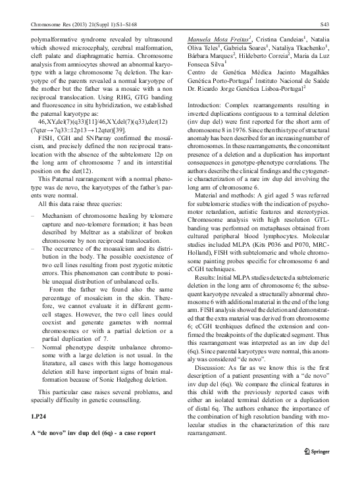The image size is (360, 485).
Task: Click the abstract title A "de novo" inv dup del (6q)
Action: (90, 435)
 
